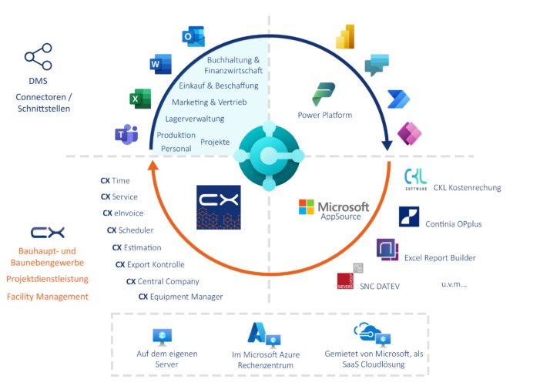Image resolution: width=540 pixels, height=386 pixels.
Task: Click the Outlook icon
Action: [x=193, y=36]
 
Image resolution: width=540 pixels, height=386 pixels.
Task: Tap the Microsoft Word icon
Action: [x=160, y=65]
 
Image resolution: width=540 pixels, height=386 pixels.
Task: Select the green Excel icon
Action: [x=140, y=99]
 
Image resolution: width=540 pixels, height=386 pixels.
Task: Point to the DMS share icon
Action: [x=39, y=58]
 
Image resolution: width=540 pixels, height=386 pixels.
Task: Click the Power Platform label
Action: [x=324, y=115]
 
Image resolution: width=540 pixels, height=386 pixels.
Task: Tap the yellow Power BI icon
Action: [x=344, y=36]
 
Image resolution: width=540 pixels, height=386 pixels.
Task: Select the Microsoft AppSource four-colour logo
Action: [x=307, y=207]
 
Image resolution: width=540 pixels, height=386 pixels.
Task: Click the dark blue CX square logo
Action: [x=219, y=207]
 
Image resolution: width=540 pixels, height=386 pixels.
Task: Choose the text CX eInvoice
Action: [x=123, y=213]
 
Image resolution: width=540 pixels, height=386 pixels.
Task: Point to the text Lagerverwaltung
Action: [x=194, y=119]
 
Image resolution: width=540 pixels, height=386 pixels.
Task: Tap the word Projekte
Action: [x=215, y=143]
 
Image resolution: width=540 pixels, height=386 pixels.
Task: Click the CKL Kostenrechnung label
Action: [x=467, y=187]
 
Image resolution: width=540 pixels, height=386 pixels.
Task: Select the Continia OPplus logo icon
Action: [x=409, y=216]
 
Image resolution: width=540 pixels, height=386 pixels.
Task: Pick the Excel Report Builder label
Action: [x=440, y=257]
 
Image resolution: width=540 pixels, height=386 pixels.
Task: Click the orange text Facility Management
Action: [x=48, y=297]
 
